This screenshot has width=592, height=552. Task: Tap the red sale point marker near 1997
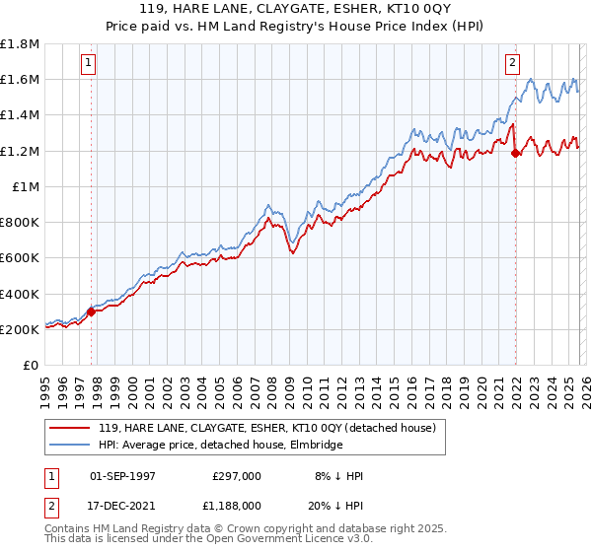click(x=91, y=312)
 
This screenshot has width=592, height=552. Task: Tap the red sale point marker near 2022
click(x=515, y=153)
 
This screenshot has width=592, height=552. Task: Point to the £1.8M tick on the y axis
click(x=20, y=44)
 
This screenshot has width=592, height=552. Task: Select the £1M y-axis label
click(x=26, y=186)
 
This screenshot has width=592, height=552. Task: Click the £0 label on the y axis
click(x=31, y=365)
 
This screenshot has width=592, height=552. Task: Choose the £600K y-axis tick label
click(x=20, y=258)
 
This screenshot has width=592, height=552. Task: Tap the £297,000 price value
click(x=237, y=476)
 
